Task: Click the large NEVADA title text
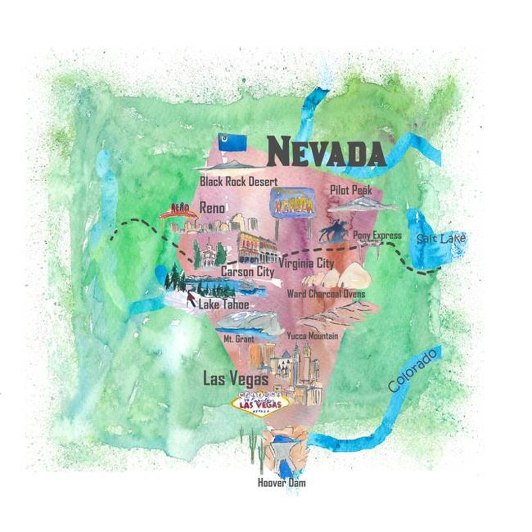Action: coord(327,151)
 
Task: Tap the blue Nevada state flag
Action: coord(232,143)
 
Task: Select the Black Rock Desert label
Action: coord(238,181)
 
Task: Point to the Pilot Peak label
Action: coord(351,190)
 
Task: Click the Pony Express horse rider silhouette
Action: coord(335,231)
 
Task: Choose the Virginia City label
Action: coord(306,264)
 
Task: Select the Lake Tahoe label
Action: coord(224,304)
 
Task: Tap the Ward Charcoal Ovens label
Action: coord(326,294)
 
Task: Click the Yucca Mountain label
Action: coord(312,336)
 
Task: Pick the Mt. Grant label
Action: coord(239,339)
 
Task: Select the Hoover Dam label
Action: coord(281,483)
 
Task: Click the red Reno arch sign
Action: coord(178,211)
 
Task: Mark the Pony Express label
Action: coord(377,235)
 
